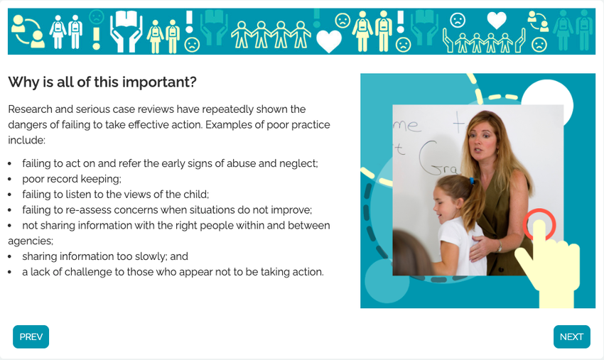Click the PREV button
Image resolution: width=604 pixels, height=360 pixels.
tap(31, 337)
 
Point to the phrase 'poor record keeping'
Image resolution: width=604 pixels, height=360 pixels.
tap(71, 179)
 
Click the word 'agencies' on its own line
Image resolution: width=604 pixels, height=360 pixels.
tap(31, 241)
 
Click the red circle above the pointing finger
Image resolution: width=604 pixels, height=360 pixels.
tap(539, 224)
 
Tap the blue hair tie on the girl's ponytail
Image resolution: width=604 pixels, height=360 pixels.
tap(472, 180)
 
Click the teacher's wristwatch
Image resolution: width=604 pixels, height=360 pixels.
tap(500, 246)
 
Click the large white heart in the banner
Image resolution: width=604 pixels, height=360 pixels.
tap(329, 40)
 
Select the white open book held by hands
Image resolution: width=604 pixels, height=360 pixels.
tap(126, 19)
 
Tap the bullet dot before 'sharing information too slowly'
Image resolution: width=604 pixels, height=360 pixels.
tap(10, 257)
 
